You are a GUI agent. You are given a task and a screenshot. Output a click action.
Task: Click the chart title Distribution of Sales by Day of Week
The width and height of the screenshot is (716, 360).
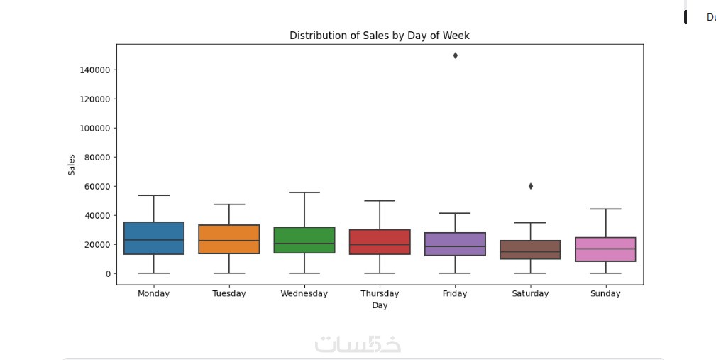pyautogui.click(x=379, y=36)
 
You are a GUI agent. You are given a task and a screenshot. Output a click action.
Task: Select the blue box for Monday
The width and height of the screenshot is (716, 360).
pyautogui.click(x=154, y=238)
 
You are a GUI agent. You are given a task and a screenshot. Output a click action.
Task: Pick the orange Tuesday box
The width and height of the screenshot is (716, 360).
pyautogui.click(x=229, y=239)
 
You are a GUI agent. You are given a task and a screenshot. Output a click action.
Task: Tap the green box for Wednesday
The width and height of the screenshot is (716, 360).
pyautogui.click(x=304, y=240)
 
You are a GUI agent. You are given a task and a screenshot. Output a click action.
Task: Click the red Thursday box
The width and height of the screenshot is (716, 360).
pyautogui.click(x=380, y=242)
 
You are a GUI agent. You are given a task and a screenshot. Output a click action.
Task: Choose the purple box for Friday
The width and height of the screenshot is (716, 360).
pyautogui.click(x=455, y=244)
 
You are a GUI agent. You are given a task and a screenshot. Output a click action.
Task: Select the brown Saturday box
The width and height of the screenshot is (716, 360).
pyautogui.click(x=530, y=249)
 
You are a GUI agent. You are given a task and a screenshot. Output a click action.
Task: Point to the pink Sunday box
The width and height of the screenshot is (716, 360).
pyautogui.click(x=605, y=249)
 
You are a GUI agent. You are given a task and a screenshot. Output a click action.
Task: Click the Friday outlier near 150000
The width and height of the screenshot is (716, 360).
pyautogui.click(x=455, y=55)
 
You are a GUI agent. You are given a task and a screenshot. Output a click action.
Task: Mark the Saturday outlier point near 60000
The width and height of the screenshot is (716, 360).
pyautogui.click(x=530, y=186)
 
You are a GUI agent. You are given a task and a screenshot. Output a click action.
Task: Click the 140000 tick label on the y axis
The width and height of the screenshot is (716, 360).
pyautogui.click(x=94, y=70)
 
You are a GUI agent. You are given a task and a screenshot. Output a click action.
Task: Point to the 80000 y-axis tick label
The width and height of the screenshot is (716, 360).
pyautogui.click(x=97, y=158)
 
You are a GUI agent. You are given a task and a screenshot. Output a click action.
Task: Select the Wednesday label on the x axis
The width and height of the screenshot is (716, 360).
pyautogui.click(x=304, y=293)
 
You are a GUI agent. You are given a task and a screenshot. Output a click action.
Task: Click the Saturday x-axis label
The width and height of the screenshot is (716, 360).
pyautogui.click(x=530, y=293)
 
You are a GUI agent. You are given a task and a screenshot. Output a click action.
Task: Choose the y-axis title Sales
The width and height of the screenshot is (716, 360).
pyautogui.click(x=72, y=165)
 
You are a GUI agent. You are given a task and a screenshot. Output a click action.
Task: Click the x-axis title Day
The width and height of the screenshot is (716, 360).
pyautogui.click(x=380, y=306)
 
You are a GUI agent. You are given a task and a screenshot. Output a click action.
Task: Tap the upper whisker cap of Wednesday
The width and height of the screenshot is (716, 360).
pyautogui.click(x=304, y=192)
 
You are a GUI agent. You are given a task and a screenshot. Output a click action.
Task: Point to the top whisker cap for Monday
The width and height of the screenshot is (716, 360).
pyautogui.click(x=154, y=195)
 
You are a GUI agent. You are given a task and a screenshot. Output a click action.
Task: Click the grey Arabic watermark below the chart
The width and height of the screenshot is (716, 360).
pyautogui.click(x=358, y=344)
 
